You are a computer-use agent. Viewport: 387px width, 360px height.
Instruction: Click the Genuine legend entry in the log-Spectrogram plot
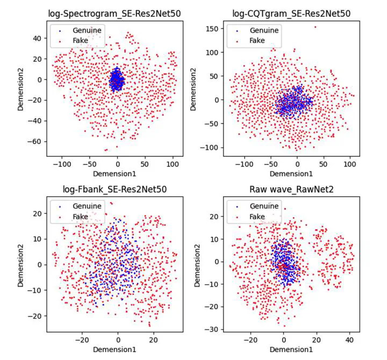coord(86,30)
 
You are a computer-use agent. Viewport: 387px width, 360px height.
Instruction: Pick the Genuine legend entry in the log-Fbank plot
coord(86,206)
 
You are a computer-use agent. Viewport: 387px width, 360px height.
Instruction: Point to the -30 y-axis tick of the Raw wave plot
coord(211,329)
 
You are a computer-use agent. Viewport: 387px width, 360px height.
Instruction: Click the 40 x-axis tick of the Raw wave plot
coord(349,340)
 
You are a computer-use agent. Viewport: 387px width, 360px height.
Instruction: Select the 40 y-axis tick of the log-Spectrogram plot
coord(38,38)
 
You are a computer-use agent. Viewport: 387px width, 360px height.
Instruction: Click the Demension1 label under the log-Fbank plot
coord(114,350)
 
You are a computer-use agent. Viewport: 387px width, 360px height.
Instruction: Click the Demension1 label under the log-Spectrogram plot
coord(114,174)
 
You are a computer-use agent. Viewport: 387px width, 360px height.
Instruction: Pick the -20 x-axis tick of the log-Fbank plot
coord(82,340)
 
